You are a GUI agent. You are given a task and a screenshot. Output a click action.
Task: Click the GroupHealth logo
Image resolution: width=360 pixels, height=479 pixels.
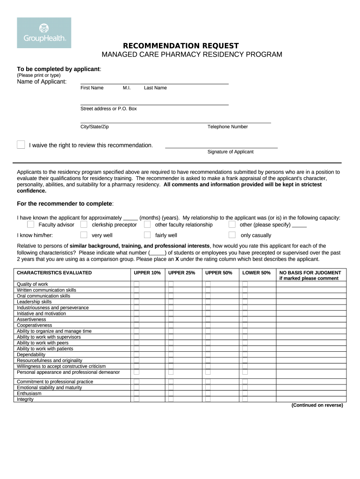point(44,33)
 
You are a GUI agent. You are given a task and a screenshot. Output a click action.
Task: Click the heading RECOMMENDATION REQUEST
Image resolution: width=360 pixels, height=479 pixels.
point(180,46)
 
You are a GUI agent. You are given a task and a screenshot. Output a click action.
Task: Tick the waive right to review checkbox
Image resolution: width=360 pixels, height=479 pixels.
point(21,145)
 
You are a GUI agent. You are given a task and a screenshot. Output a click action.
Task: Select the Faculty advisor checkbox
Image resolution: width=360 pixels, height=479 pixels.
point(30,225)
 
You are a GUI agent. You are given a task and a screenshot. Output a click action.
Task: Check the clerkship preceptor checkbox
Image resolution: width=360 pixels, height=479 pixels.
point(84,225)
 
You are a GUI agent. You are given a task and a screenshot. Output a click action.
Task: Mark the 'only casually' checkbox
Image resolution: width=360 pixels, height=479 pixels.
point(232,235)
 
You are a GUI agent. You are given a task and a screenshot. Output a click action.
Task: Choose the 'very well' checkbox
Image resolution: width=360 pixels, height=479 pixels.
point(84,235)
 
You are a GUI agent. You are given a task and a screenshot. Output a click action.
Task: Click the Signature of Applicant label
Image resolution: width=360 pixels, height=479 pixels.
point(230,152)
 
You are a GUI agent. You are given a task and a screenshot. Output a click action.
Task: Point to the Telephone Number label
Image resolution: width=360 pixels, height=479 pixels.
point(228,127)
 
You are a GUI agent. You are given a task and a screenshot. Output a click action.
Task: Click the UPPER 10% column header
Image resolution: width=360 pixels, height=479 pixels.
point(147,273)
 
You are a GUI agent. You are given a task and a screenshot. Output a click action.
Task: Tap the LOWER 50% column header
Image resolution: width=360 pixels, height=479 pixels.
point(256,273)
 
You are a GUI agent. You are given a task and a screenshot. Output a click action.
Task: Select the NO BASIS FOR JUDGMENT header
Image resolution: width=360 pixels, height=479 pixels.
point(310,273)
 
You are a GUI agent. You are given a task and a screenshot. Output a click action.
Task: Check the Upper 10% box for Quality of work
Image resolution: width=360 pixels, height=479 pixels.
point(137,284)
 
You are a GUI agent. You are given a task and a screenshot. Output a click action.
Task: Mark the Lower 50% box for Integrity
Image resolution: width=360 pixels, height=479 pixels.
point(245,399)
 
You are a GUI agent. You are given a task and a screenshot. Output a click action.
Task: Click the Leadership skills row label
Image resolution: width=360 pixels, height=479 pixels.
point(34,302)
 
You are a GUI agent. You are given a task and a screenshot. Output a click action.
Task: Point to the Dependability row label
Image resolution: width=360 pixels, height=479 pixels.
point(31,355)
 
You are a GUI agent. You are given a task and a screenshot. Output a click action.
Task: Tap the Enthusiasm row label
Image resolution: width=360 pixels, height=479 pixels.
point(29,393)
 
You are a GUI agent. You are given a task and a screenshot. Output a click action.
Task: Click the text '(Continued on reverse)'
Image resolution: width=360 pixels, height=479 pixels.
point(317,406)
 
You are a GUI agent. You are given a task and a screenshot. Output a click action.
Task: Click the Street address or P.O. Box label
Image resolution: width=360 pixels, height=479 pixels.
point(108,109)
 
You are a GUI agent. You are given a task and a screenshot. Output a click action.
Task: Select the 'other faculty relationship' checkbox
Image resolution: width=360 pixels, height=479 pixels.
point(147,225)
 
